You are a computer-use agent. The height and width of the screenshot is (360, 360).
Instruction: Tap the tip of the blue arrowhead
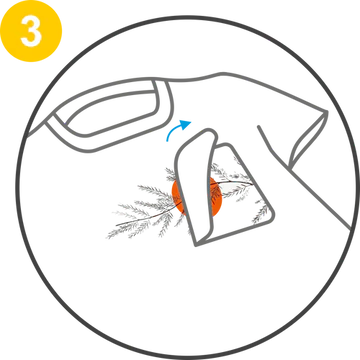[191, 121]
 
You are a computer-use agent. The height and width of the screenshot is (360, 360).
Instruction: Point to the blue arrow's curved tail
[173, 131]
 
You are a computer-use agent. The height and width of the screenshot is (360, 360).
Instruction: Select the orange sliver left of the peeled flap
[177, 197]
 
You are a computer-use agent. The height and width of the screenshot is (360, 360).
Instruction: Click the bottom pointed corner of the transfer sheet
[196, 245]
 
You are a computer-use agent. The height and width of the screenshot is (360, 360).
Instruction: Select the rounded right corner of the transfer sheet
[272, 217]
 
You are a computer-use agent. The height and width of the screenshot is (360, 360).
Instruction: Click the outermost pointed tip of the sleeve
[326, 112]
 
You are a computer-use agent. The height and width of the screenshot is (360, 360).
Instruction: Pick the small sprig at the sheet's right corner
[261, 213]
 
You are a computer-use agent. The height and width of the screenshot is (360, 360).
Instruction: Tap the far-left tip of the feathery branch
[107, 237]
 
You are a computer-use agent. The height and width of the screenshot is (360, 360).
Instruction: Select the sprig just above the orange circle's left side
[171, 174]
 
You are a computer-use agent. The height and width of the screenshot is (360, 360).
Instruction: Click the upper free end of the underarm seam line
[259, 127]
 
